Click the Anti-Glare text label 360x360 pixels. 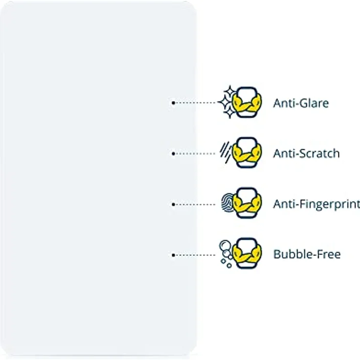pyautogui.click(x=301, y=103)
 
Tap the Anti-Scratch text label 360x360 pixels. pyautogui.click(x=306, y=154)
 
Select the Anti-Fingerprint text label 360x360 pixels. pyautogui.click(x=316, y=204)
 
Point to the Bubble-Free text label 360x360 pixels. pyautogui.click(x=307, y=254)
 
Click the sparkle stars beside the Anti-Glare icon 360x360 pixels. pyautogui.click(x=227, y=102)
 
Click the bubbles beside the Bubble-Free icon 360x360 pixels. pyautogui.click(x=225, y=252)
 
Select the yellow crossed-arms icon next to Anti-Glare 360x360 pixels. pyautogui.click(x=247, y=102)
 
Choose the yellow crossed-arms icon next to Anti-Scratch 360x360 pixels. pyautogui.click(x=247, y=153)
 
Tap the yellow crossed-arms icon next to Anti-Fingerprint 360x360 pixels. pyautogui.click(x=247, y=203)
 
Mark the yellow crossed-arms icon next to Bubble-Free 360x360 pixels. pyautogui.click(x=247, y=254)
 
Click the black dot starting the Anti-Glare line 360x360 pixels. pyautogui.click(x=173, y=103)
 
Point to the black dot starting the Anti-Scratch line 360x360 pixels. pyautogui.click(x=173, y=154)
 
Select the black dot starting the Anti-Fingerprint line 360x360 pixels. pyautogui.click(x=173, y=204)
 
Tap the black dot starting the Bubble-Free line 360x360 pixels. pyautogui.click(x=173, y=255)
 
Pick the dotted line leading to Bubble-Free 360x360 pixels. pyautogui.click(x=196, y=255)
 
